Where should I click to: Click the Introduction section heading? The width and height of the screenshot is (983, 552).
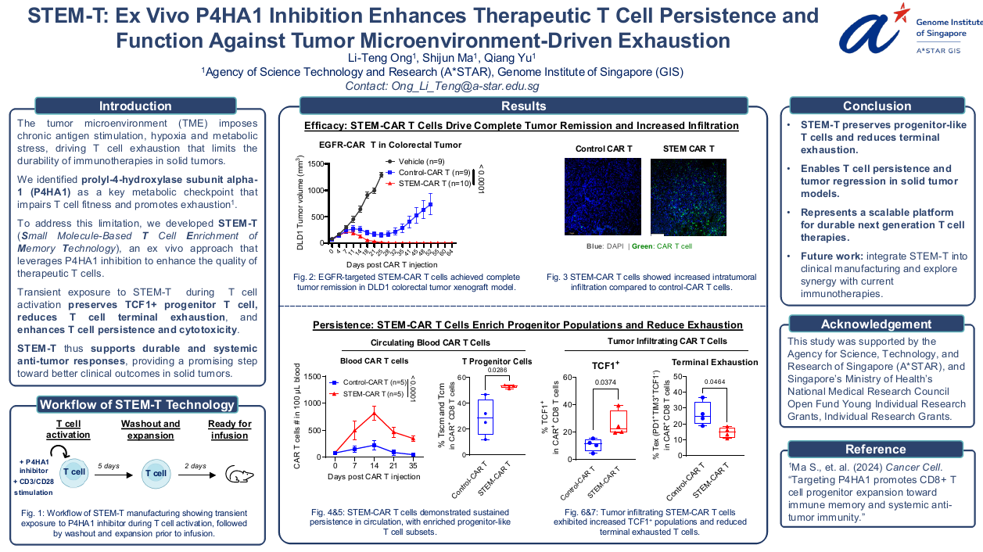pos(135,106)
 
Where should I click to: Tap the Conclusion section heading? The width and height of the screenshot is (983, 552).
pos(877,106)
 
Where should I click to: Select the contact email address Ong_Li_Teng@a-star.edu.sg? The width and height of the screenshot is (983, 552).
pos(442,86)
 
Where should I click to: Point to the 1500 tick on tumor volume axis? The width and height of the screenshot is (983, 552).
pos(314,163)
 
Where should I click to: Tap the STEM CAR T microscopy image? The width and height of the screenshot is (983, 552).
pos(688,197)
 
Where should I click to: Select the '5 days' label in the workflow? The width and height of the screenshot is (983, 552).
pos(109,466)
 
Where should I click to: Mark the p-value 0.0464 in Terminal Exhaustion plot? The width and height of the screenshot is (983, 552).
pos(714,382)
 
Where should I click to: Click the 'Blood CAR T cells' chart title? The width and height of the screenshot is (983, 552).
pos(374,361)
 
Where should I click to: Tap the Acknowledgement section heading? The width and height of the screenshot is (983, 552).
pos(876,324)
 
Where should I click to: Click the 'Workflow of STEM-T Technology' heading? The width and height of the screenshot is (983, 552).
pos(137,404)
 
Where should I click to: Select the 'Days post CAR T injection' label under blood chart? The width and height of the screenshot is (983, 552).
pos(374,476)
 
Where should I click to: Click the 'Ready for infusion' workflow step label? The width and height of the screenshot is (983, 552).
pos(229,429)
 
